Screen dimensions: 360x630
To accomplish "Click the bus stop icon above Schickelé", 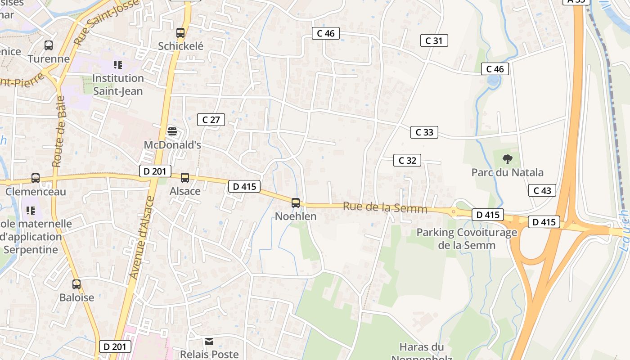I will click(180, 33).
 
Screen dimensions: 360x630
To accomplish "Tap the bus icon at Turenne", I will click(49, 45).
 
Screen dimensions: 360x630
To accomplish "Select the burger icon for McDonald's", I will click(172, 131).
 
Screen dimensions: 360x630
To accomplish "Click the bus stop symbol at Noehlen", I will click(296, 203).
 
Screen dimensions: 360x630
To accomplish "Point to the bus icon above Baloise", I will click(76, 284).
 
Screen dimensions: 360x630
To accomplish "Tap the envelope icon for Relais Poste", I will click(209, 342).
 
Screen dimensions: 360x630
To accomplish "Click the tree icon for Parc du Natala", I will click(508, 159).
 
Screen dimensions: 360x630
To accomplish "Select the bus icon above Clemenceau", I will click(36, 178).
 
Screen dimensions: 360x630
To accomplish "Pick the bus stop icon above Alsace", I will click(185, 178).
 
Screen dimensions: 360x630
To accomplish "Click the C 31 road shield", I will click(434, 40).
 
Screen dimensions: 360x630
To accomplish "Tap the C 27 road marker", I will click(211, 120).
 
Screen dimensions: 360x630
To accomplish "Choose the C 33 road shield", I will click(424, 132).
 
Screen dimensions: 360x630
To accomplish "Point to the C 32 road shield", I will click(407, 160).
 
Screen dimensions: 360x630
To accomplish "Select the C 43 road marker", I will click(542, 190).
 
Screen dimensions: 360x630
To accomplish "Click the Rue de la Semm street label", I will click(385, 208).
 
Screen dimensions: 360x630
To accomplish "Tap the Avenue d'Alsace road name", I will click(141, 237).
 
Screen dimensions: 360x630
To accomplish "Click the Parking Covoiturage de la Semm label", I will click(467, 239).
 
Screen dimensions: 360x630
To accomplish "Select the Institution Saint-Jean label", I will click(118, 85).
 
